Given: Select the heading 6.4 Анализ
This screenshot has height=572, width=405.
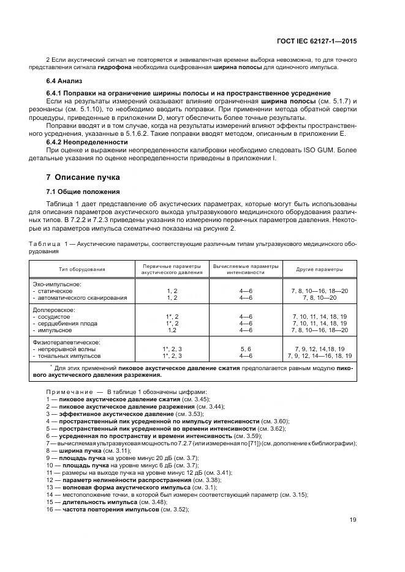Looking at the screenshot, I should click(x=65, y=81).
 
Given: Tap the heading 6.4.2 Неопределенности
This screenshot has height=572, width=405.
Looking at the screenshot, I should click(x=88, y=142).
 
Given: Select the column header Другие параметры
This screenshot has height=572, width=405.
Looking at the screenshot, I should click(x=319, y=269).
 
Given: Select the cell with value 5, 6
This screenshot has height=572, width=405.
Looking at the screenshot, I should click(x=246, y=349).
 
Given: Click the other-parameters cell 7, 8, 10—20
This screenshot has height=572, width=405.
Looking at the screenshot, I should click(x=319, y=298).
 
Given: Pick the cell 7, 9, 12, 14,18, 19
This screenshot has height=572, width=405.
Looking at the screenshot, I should click(x=319, y=349).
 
